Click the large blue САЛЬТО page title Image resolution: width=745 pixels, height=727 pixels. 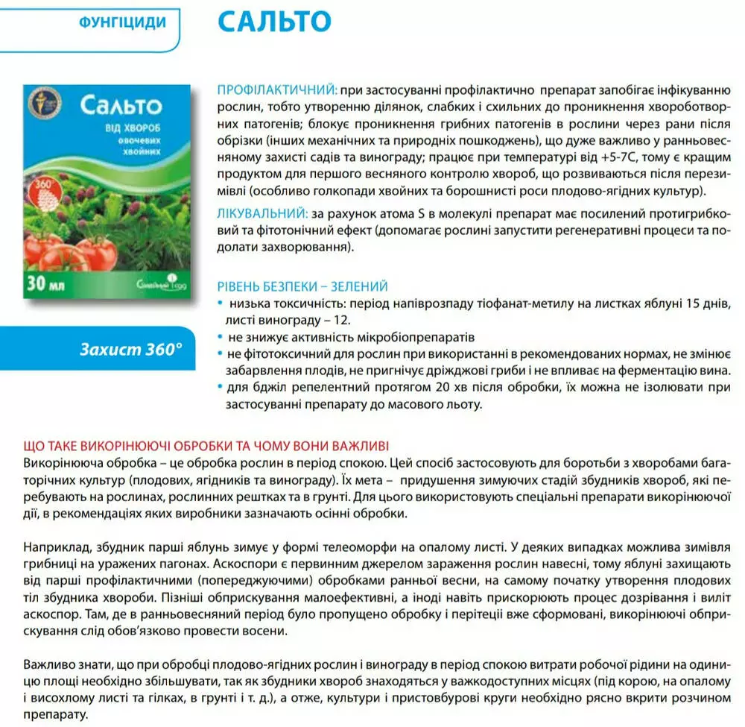pos(274,21)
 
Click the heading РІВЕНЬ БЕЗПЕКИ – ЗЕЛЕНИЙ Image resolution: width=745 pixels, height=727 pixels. pos(302,286)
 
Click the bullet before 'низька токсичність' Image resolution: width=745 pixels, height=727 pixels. pos(219,303)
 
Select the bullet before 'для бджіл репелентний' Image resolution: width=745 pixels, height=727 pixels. pos(219,386)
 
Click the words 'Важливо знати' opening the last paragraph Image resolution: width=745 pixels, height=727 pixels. pos(60,663)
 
